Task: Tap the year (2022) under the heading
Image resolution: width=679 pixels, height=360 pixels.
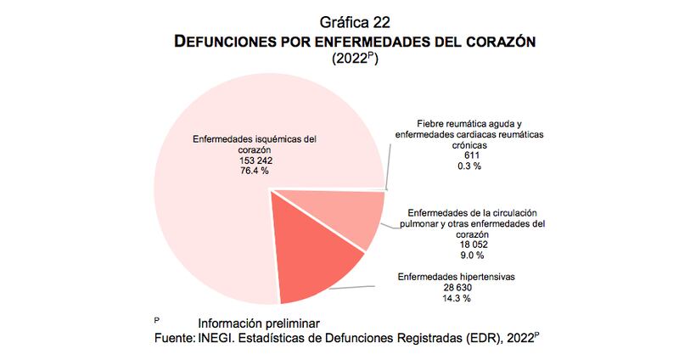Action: tap(353, 59)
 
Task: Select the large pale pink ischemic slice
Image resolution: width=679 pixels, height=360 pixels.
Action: tap(212, 221)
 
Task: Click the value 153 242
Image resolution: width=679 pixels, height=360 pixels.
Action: tap(255, 160)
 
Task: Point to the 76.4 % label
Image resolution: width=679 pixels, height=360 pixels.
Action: tap(255, 171)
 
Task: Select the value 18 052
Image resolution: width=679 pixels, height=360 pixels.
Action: tap(474, 245)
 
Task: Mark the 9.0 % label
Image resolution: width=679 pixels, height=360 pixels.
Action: tap(474, 256)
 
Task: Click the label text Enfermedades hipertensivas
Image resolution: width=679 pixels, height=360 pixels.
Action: tap(457, 277)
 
